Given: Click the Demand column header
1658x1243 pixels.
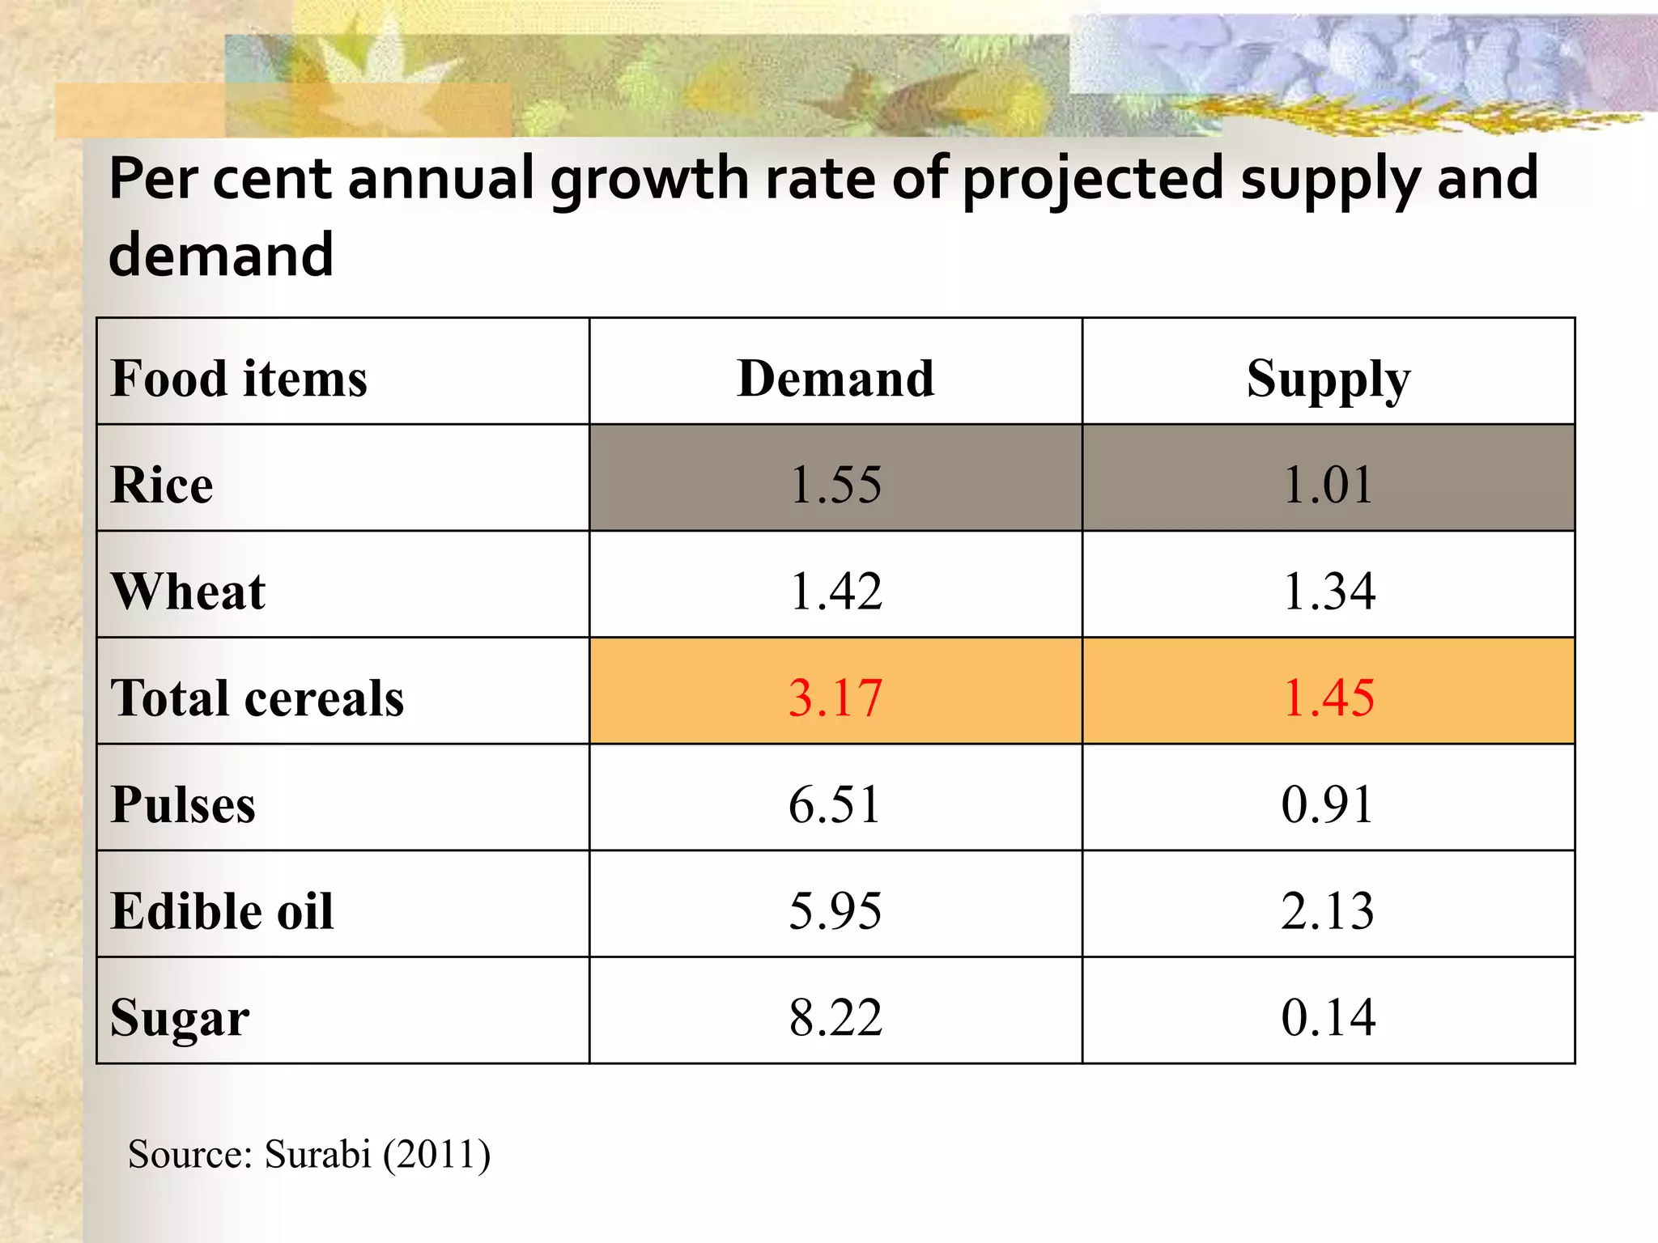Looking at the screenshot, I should [x=835, y=379].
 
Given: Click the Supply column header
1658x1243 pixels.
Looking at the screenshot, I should [x=1328, y=379].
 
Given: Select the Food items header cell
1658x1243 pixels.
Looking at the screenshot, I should [x=239, y=379].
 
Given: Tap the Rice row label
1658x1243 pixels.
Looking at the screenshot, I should [x=162, y=486].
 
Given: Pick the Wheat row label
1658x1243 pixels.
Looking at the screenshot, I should [x=188, y=592].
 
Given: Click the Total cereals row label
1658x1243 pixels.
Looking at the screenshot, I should [x=257, y=698].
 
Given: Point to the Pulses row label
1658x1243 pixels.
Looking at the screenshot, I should [x=183, y=804].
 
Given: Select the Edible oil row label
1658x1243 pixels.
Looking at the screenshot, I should [x=222, y=911].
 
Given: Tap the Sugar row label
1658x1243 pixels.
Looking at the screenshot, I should [x=180, y=1018].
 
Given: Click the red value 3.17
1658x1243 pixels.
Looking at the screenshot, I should [x=835, y=698].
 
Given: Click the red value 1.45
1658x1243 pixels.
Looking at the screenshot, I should [x=1329, y=698].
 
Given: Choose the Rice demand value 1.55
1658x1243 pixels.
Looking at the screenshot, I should [x=835, y=485].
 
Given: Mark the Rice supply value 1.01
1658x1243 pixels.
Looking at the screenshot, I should [x=1329, y=485].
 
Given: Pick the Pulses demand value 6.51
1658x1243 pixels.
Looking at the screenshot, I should [x=835, y=804].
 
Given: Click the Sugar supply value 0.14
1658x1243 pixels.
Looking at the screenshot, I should [x=1329, y=1017].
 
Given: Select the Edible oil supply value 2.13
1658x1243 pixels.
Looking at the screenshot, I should [x=1328, y=911].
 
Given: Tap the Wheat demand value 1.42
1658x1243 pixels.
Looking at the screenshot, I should [x=835, y=592].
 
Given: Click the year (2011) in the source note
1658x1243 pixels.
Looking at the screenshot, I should [x=436, y=1155].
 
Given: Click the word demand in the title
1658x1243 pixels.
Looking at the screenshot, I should [x=221, y=254].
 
